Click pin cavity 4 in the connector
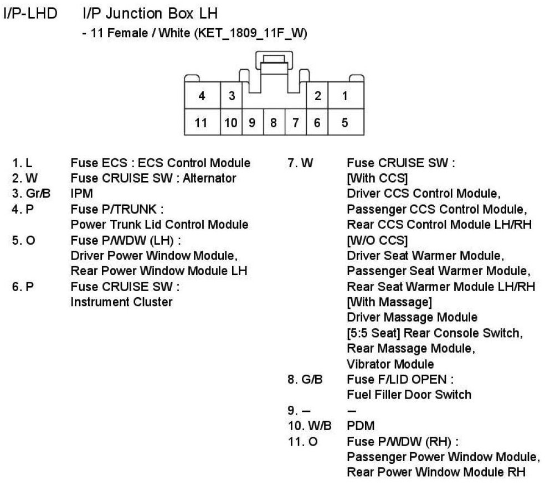point(202,96)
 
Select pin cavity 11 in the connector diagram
point(202,122)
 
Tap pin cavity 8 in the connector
point(274,122)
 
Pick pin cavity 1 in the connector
point(345,96)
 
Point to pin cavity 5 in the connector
point(345,122)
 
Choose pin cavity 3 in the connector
point(232,96)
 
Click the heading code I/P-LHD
point(30,13)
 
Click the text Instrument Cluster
point(121,302)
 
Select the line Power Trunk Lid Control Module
point(160,225)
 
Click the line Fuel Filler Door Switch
point(409,395)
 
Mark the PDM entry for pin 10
point(360,426)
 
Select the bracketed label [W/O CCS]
point(378,240)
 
